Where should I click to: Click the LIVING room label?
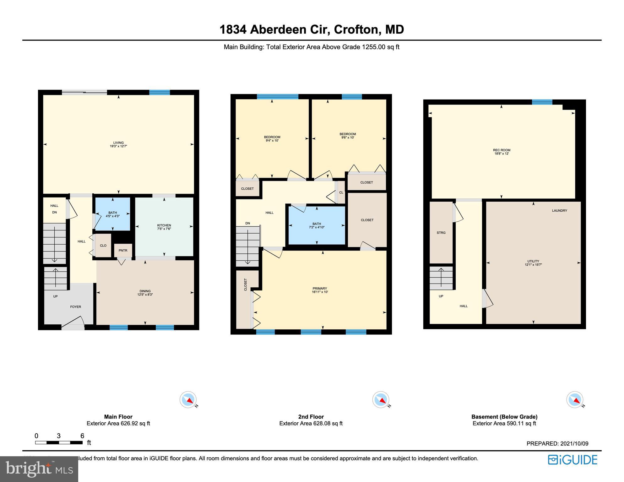click(118, 144)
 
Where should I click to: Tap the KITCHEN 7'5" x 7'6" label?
click(164, 227)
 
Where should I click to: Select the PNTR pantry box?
click(123, 250)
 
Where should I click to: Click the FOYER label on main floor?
click(75, 307)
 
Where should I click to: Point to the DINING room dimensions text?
click(145, 295)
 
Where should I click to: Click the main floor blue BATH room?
click(112, 214)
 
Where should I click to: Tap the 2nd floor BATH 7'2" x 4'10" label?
click(317, 225)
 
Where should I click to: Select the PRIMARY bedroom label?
click(320, 290)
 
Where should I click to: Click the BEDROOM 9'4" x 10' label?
click(272, 139)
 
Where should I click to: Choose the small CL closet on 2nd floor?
click(341, 192)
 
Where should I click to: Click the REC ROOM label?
click(502, 152)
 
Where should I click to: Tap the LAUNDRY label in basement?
click(559, 211)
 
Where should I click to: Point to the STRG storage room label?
click(441, 233)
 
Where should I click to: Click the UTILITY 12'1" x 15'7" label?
click(533, 263)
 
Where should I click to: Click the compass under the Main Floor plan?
click(188, 400)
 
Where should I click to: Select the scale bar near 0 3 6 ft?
click(59, 442)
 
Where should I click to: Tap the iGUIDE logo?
click(572, 460)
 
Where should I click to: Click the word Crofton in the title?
click(356, 30)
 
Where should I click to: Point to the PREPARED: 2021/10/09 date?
click(557, 443)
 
